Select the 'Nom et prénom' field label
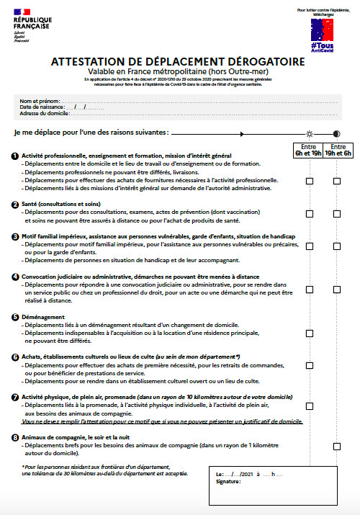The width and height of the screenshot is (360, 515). click(x=38, y=101)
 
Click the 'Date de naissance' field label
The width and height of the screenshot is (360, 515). click(x=42, y=107)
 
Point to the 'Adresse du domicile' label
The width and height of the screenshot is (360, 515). click(x=45, y=114)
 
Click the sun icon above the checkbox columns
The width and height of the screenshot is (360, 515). click(x=309, y=133)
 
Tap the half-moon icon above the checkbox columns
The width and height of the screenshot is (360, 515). click(x=336, y=133)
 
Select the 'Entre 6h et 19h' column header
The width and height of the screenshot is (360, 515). click(x=309, y=150)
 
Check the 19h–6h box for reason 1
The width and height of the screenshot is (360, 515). click(x=336, y=181)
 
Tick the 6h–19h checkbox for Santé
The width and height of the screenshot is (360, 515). click(x=309, y=213)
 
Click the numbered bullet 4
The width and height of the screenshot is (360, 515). click(x=16, y=276)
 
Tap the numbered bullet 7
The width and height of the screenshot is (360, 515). click(x=16, y=398)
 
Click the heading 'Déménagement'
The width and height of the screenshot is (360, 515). click(x=45, y=316)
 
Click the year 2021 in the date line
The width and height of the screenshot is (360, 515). click(x=248, y=473)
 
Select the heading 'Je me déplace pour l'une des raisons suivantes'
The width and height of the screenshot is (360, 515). click(x=91, y=133)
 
